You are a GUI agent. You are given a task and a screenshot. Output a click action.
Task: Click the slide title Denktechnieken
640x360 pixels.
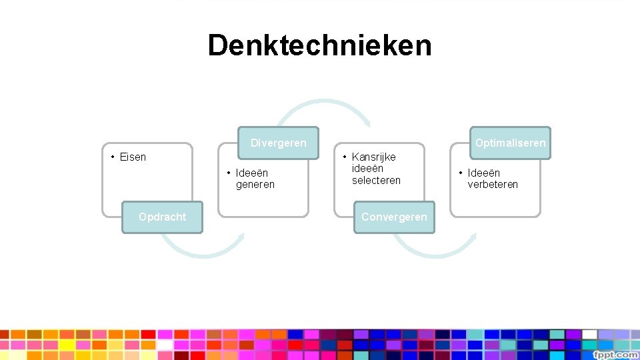point(319,46)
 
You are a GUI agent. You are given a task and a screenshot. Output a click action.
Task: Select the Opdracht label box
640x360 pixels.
point(162,217)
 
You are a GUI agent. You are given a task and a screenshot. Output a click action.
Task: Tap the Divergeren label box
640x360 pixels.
point(278,143)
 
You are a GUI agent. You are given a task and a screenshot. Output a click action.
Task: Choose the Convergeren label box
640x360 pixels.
point(394,217)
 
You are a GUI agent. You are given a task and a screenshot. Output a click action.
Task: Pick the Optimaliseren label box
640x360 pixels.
point(510,143)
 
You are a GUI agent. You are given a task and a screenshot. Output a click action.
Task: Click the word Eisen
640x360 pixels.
point(133,157)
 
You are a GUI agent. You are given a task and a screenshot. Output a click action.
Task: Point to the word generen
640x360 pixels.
point(255,185)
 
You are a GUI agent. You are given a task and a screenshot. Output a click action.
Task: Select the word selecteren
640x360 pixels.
point(376,180)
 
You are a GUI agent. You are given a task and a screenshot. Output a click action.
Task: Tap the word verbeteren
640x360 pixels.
point(493,185)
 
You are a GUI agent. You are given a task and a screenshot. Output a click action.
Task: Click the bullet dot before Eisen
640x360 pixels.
point(113,157)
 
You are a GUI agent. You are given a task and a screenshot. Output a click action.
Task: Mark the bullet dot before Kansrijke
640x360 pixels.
point(345,157)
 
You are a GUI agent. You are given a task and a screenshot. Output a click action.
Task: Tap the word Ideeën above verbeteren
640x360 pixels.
point(483,173)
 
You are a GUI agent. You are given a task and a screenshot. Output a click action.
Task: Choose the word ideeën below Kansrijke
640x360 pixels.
point(367,169)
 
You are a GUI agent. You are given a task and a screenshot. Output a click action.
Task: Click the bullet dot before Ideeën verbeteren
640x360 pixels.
point(461,173)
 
